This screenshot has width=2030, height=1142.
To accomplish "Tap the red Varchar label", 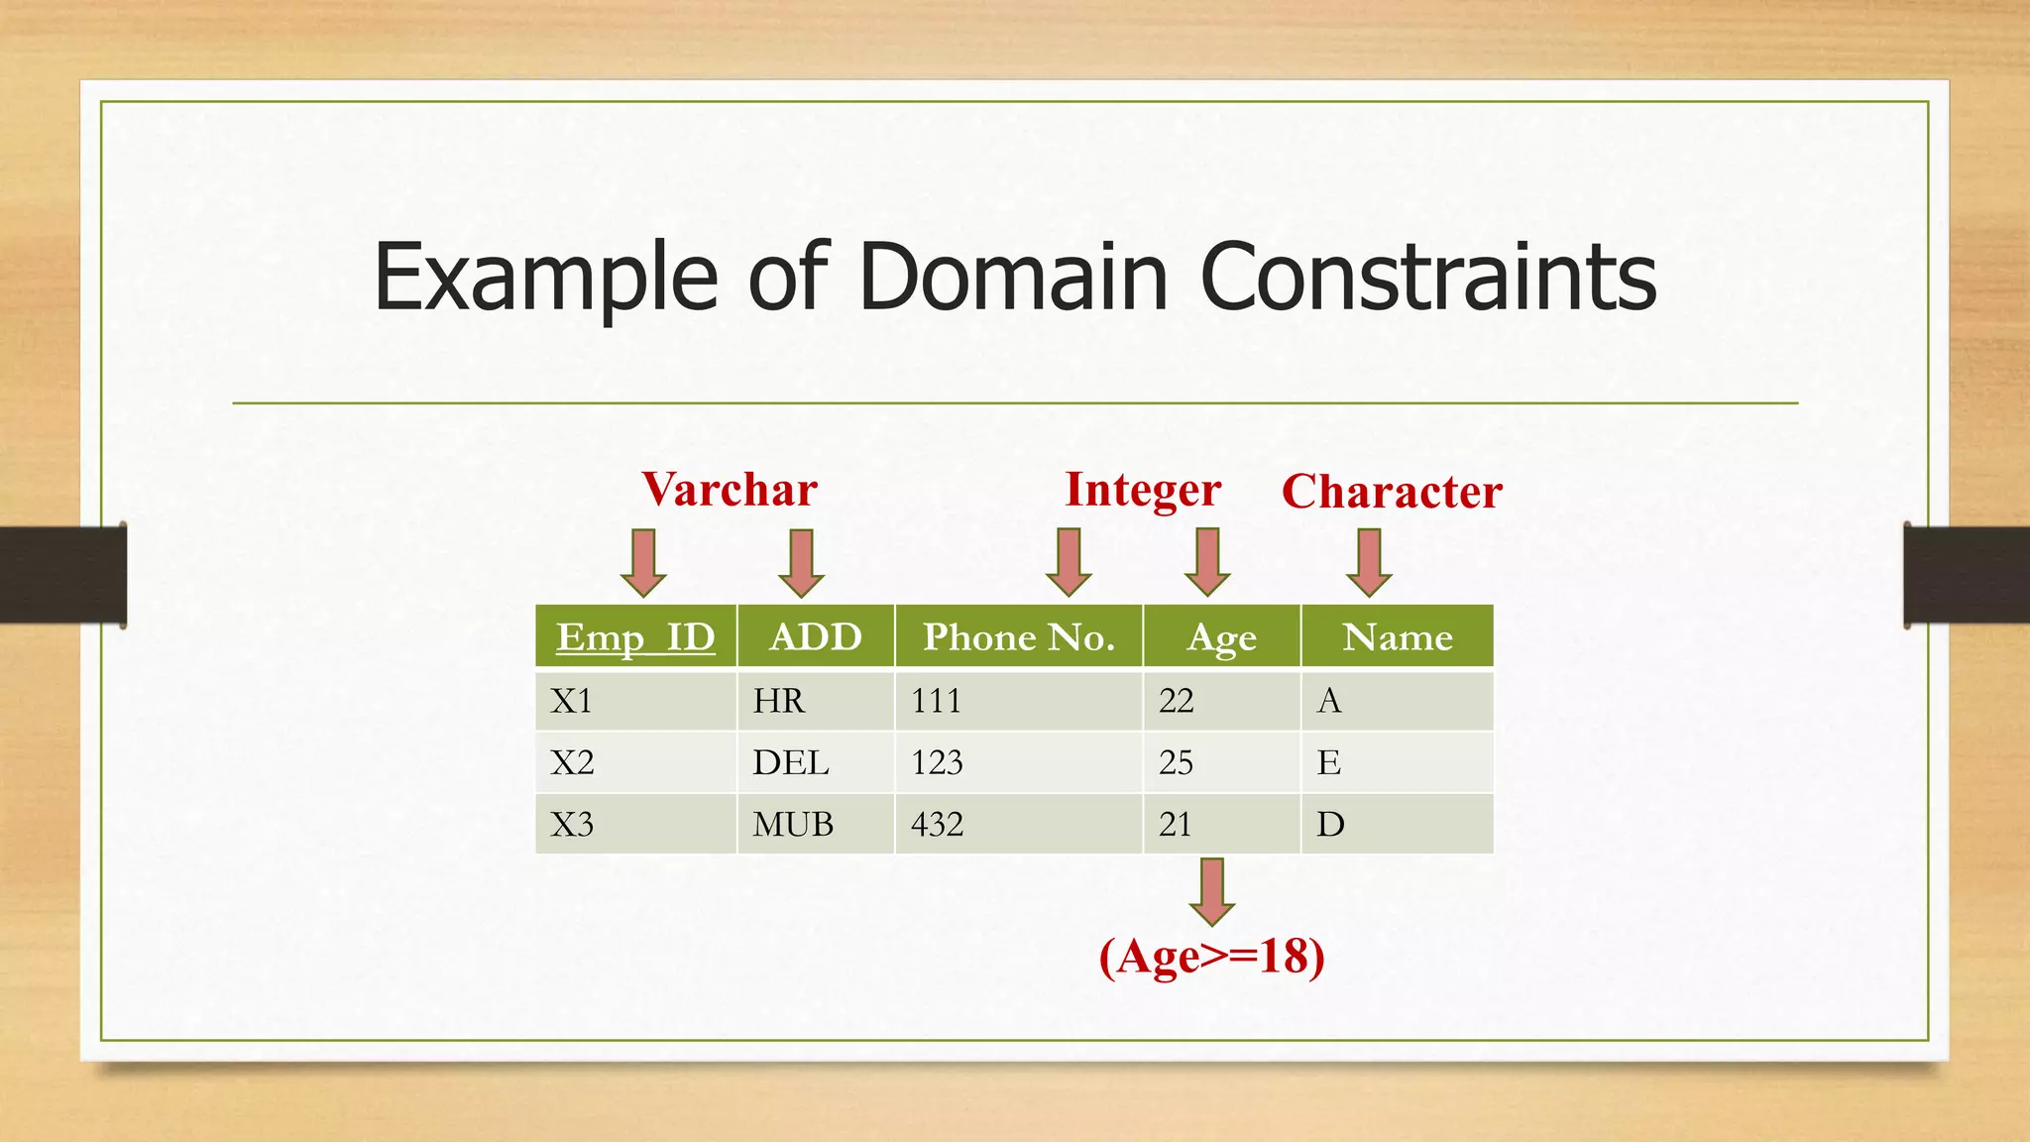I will click(730, 490).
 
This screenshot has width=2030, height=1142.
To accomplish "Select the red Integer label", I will click(1143, 490).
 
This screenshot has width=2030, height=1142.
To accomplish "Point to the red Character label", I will click(1392, 492).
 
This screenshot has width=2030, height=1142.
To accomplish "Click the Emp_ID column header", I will click(635, 636).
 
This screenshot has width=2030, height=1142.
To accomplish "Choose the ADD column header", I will click(816, 636).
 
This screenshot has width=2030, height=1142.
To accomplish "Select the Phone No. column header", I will click(1019, 636).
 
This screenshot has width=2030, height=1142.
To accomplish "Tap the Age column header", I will click(1221, 637).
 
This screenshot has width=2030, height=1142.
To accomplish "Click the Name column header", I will click(1397, 636).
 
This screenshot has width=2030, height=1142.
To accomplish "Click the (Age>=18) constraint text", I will click(1211, 958).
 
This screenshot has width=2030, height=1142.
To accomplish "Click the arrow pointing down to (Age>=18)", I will click(1211, 890).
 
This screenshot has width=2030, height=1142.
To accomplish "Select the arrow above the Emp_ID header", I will click(643, 562).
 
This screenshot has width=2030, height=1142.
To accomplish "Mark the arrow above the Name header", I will click(1369, 562).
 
